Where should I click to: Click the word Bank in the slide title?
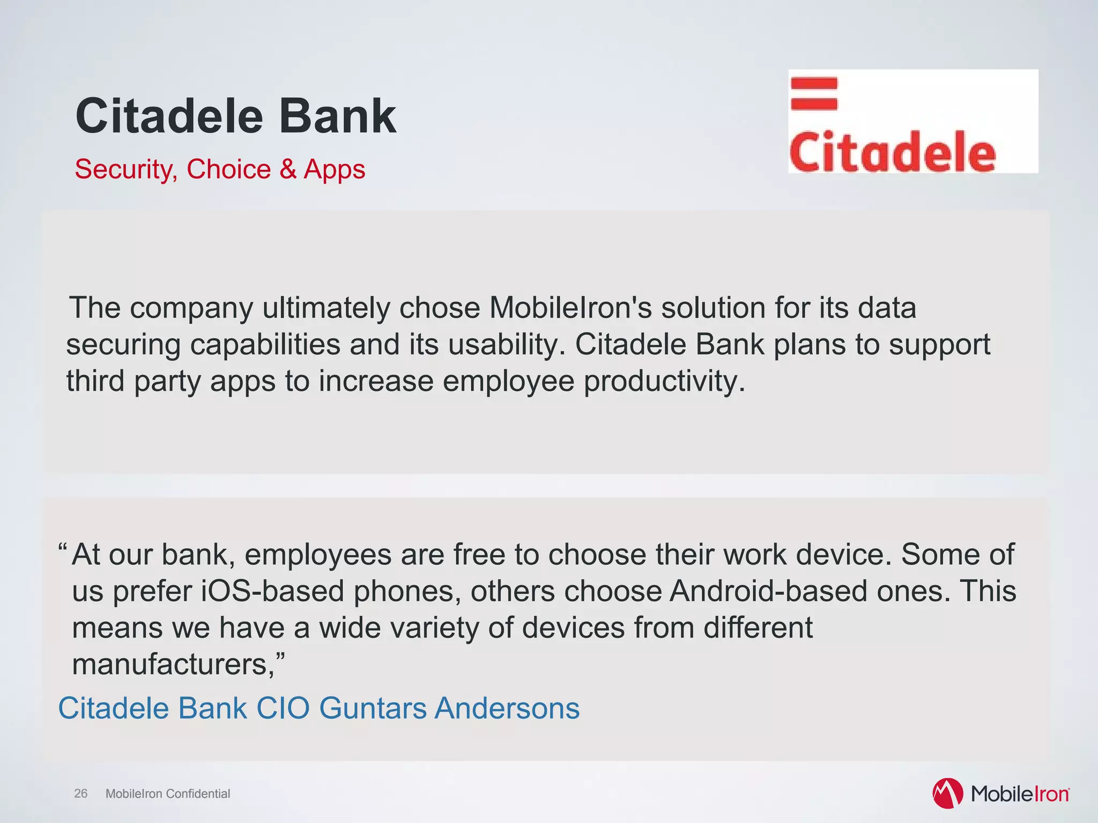(x=337, y=116)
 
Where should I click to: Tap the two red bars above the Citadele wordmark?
(x=814, y=93)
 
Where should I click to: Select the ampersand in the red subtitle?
(x=287, y=169)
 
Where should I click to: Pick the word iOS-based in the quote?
(x=272, y=591)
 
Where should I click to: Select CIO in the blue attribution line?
(x=283, y=708)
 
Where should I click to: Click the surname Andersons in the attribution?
(x=507, y=708)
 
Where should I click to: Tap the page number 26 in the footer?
(x=80, y=794)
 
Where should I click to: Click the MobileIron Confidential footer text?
(x=168, y=794)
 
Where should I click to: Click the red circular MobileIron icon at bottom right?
(x=947, y=793)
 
